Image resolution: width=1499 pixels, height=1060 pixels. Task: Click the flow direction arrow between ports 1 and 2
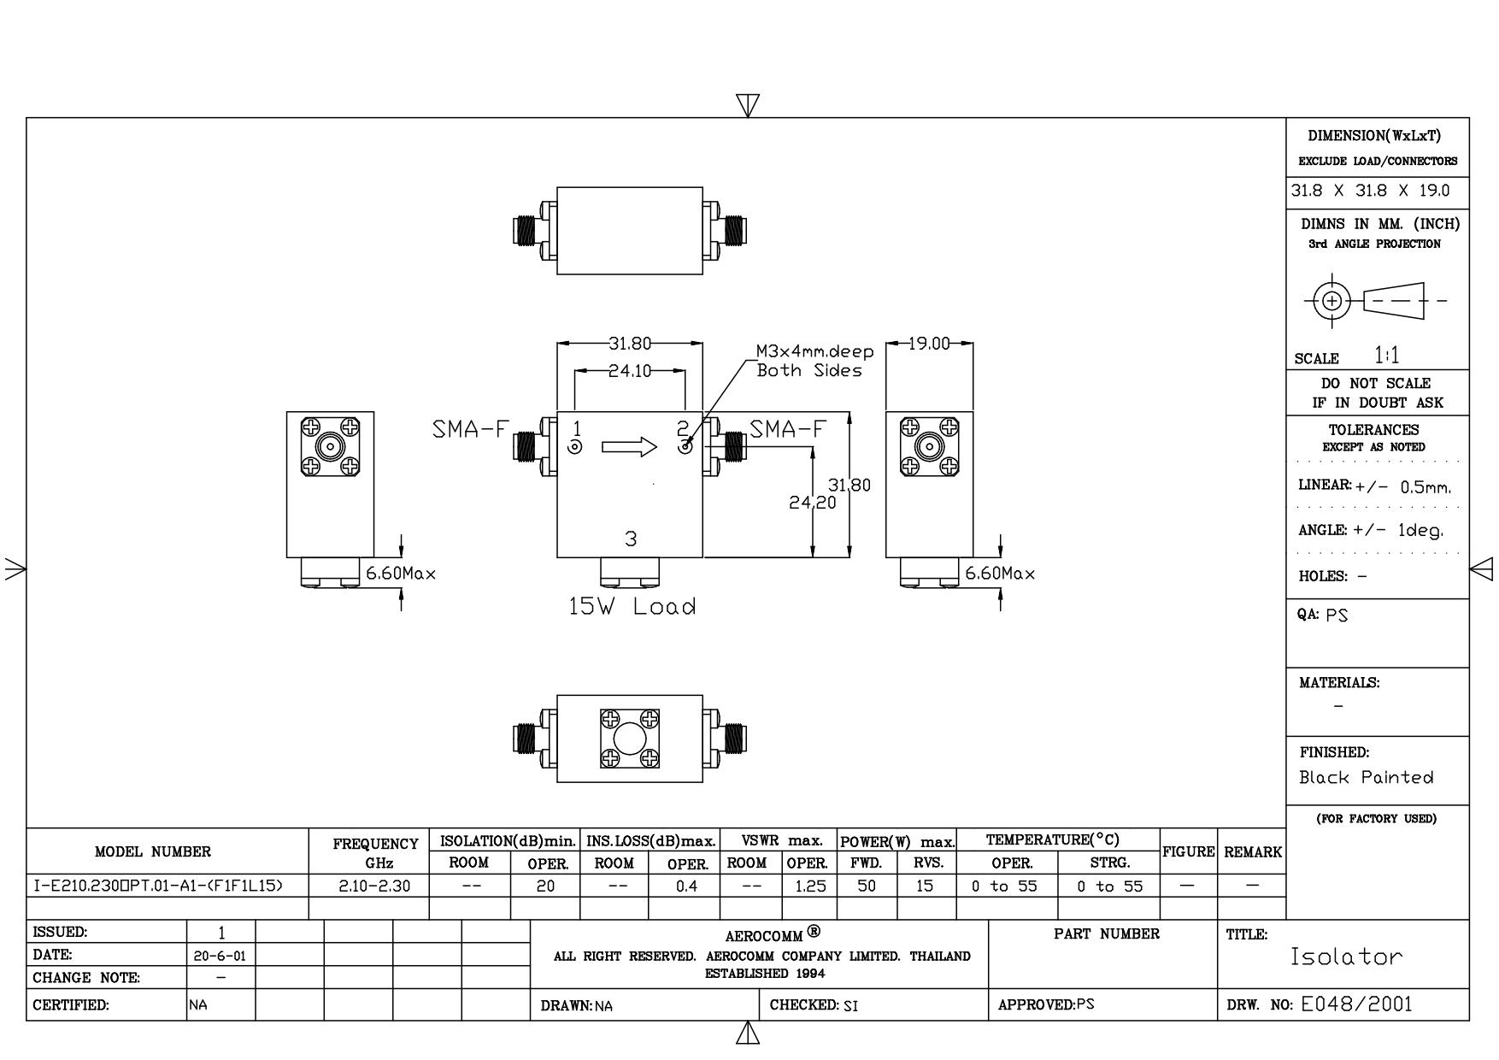point(630,446)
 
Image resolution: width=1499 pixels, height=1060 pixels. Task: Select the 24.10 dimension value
point(630,371)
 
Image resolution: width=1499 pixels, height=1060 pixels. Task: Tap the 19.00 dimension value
point(929,344)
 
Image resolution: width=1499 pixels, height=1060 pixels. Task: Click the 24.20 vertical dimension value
point(812,503)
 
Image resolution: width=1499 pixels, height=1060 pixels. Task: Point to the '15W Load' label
point(632,607)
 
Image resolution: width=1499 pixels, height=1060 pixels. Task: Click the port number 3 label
point(631,539)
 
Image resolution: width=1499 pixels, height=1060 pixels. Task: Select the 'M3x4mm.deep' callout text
point(815,351)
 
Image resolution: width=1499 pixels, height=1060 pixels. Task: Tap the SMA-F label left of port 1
point(471,429)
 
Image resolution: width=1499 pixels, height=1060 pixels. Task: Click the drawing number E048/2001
point(1356,1004)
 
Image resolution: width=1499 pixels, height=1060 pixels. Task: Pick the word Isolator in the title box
point(1346,956)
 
